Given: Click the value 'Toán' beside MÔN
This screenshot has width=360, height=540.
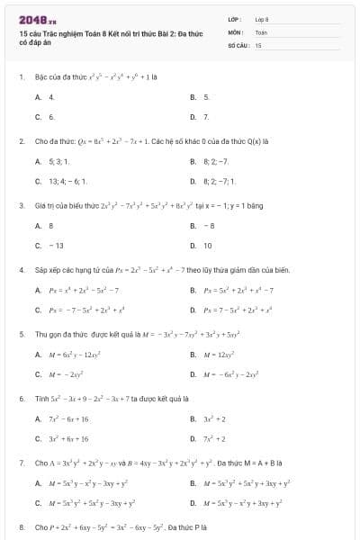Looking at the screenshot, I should tap(261, 31).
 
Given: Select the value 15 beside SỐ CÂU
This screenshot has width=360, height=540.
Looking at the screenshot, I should tap(258, 44).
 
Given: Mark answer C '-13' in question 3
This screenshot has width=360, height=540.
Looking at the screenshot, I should tap(55, 245).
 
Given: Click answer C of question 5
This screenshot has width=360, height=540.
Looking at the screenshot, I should tap(67, 374).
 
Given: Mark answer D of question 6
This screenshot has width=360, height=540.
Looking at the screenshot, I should tap(212, 439).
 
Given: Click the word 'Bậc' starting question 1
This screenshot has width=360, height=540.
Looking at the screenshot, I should tap(41, 76).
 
